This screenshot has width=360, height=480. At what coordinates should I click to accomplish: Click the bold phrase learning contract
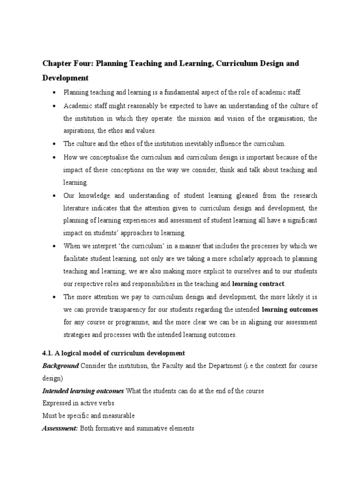click(259, 284)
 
